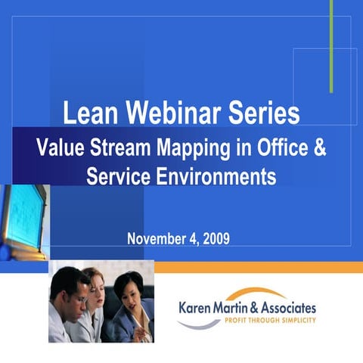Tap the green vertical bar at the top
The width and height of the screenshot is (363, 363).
pos(331,45)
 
